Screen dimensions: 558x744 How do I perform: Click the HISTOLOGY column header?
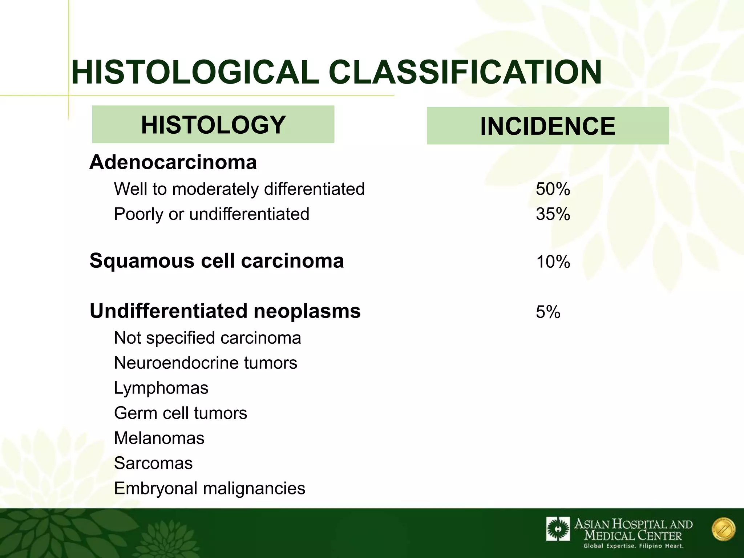pos(213,125)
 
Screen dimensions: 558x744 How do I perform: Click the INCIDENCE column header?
pos(547,126)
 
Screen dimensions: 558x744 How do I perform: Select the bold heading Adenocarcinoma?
pos(173,162)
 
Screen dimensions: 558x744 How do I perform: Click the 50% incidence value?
pos(553,189)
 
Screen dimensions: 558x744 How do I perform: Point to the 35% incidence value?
pos(553,214)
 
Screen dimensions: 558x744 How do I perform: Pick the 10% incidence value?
pos(553,262)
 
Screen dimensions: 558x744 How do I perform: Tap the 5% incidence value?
pos(548,312)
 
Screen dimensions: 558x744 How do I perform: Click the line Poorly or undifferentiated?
pos(211,214)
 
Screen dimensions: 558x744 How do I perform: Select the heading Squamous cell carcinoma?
pos(217,261)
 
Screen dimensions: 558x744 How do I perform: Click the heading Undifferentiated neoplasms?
pos(225,311)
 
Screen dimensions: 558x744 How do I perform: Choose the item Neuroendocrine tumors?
pos(206,363)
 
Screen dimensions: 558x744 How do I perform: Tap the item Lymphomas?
pos(161,388)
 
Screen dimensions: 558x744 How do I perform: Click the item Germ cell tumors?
pos(181,413)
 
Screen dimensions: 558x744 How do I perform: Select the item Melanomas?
pos(159,438)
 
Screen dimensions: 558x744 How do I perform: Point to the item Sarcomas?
pos(153,463)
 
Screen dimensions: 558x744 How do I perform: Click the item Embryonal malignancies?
pos(210,488)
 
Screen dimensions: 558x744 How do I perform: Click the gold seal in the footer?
pos(723,529)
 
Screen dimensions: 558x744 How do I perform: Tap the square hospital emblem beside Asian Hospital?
pos(558,529)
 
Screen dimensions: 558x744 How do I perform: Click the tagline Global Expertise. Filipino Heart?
pos(634,546)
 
